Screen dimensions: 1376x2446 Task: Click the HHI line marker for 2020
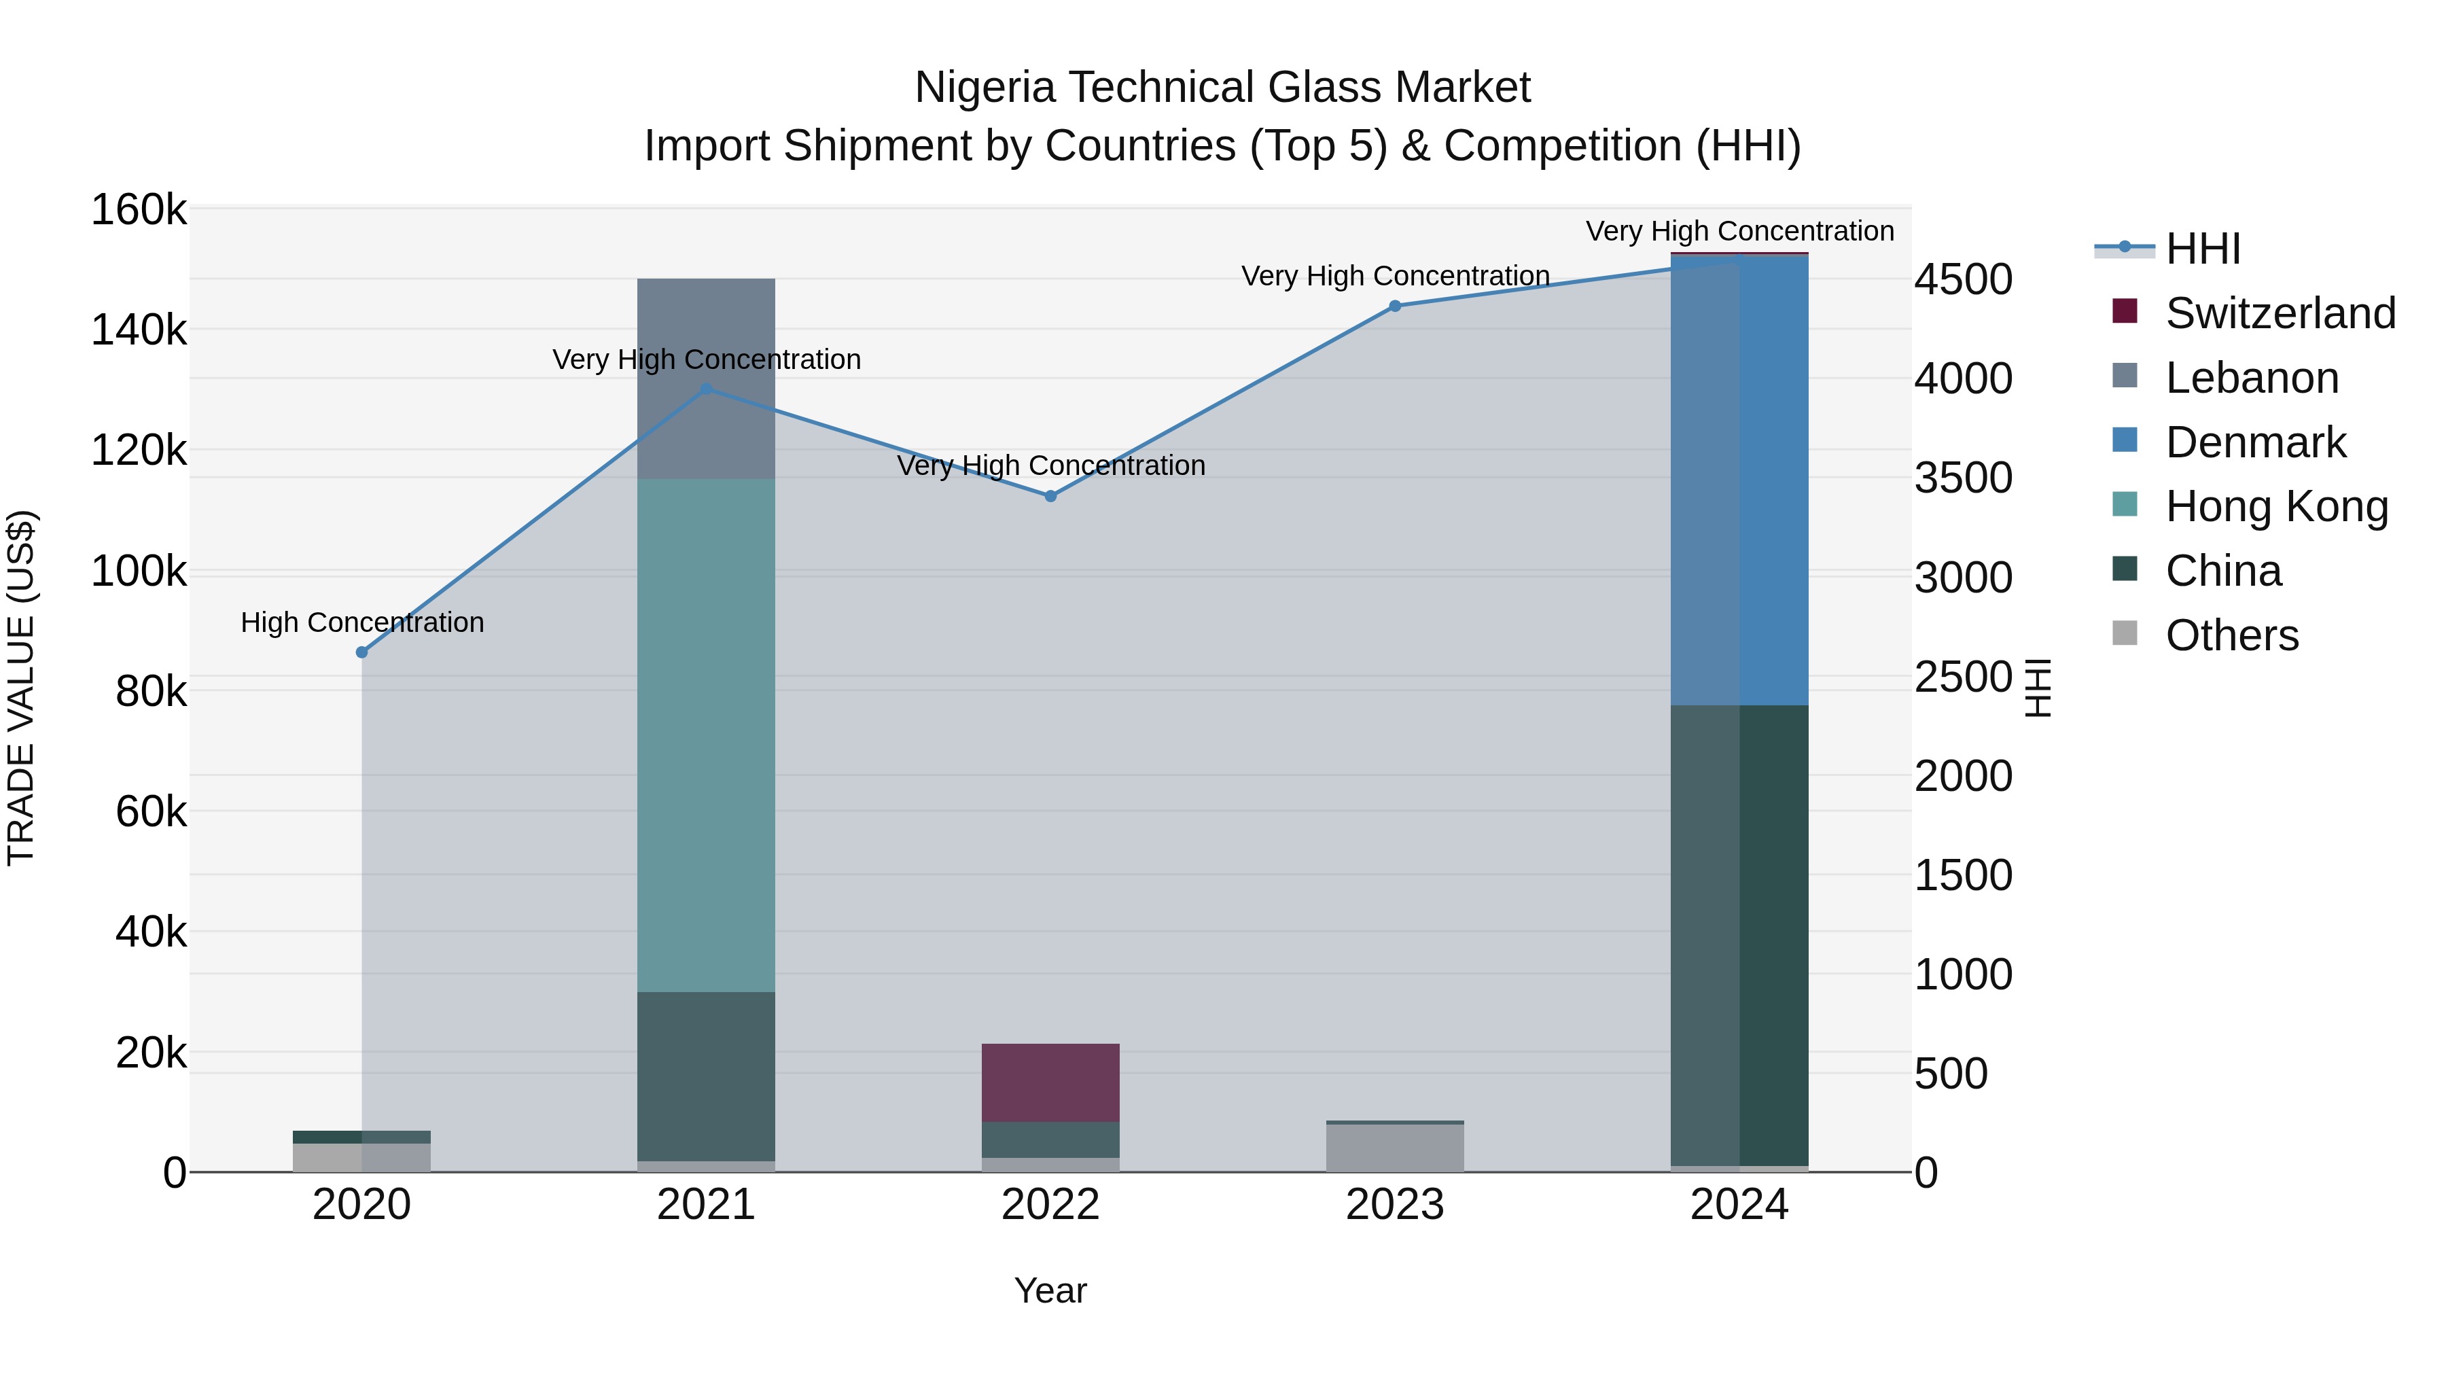pos(361,652)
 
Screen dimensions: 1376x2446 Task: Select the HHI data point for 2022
pos(1050,496)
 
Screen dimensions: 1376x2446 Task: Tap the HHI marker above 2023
pos(1395,306)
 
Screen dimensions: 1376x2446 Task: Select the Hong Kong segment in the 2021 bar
pos(705,735)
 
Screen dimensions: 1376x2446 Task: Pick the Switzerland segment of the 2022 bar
pos(1050,1082)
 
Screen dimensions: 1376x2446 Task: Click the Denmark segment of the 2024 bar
pos(1739,480)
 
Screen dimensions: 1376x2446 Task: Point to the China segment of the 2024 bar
pos(1739,936)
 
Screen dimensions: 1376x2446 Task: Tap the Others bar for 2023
pos(1395,1147)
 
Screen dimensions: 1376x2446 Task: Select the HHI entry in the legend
pos(2203,249)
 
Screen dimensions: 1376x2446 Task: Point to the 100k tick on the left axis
pos(139,571)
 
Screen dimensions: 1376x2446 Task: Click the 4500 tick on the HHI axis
pos(1963,279)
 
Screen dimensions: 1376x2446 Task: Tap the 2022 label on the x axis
pos(1050,1205)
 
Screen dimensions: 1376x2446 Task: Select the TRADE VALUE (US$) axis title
pos(21,688)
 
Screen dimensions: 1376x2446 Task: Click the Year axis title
pos(1050,1290)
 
